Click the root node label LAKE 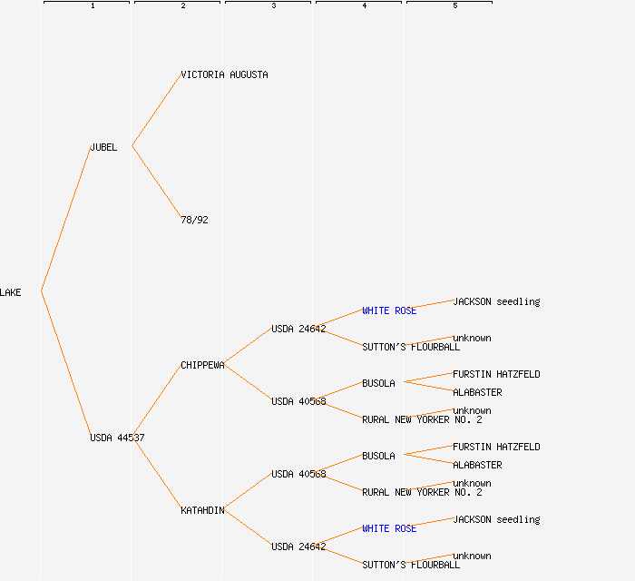point(11,292)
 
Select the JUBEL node point(103,147)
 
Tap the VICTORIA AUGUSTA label point(224,74)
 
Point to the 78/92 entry point(194,220)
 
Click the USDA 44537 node point(117,438)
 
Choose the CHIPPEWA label point(202,365)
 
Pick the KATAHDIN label point(202,510)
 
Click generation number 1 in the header point(93,6)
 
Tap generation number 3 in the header point(274,6)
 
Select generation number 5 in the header point(455,6)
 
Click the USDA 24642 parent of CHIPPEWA point(298,329)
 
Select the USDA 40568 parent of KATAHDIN point(298,474)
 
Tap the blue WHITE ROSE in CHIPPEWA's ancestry point(389,310)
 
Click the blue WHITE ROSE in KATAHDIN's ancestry point(389,528)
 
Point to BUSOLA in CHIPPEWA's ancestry point(378,383)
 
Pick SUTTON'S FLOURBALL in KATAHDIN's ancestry point(411,565)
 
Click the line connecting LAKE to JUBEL point(65,219)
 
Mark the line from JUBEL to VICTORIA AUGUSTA point(156,110)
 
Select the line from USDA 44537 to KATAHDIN point(156,473)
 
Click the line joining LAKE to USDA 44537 point(65,364)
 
